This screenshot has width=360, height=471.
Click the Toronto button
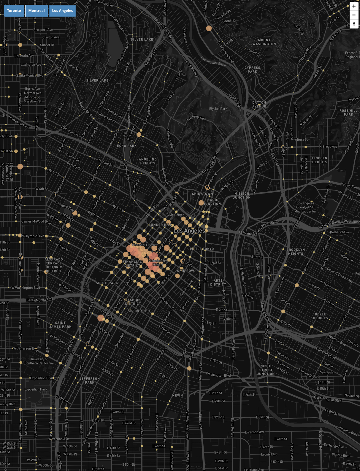[x=14, y=11]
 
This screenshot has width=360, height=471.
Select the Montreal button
[x=37, y=11]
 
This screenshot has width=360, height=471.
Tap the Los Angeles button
[x=62, y=11]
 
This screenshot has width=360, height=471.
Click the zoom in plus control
[x=354, y=6]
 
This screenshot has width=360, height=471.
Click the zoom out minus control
[x=354, y=15]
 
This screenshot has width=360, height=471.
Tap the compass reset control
[x=354, y=24]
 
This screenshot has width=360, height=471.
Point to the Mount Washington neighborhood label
[x=264, y=42]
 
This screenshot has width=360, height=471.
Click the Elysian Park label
[x=218, y=109]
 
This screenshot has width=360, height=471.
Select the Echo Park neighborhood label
[x=127, y=146]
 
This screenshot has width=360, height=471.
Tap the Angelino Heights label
[x=148, y=161]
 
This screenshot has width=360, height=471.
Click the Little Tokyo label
[x=202, y=249]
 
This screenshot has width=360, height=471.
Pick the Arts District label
[x=218, y=283]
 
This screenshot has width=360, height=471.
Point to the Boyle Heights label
[x=320, y=316]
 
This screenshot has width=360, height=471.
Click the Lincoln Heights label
[x=320, y=160]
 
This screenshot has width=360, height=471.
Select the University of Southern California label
[x=39, y=361]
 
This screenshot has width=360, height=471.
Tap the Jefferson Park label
[x=90, y=380]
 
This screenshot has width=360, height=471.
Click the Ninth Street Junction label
[x=266, y=370]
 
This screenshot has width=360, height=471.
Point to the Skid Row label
[x=185, y=271]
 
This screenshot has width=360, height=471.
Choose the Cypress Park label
[x=252, y=70]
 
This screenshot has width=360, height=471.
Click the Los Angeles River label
[x=213, y=61]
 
